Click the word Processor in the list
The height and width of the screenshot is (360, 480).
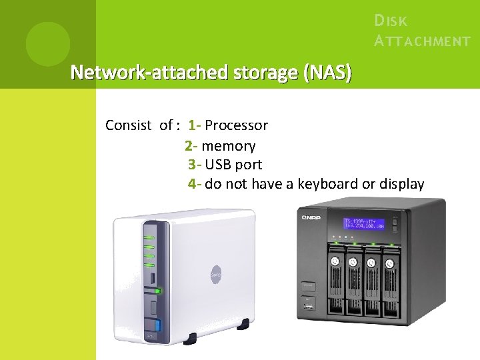click(x=236, y=125)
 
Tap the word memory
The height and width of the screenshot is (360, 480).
click(x=228, y=145)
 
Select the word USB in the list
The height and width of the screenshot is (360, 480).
click(x=218, y=165)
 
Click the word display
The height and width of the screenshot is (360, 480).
click(x=401, y=184)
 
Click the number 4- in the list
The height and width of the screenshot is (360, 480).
click(x=195, y=184)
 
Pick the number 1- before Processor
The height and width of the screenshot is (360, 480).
click(x=195, y=125)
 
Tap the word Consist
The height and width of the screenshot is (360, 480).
click(x=128, y=125)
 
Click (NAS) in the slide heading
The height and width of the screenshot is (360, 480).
click(x=327, y=72)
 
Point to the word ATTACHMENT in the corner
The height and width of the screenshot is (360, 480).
click(x=423, y=41)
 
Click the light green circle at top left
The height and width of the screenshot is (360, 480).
click(x=47, y=44)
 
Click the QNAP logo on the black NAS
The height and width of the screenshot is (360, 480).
click(x=311, y=217)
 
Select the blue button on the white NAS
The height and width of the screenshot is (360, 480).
click(x=158, y=326)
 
